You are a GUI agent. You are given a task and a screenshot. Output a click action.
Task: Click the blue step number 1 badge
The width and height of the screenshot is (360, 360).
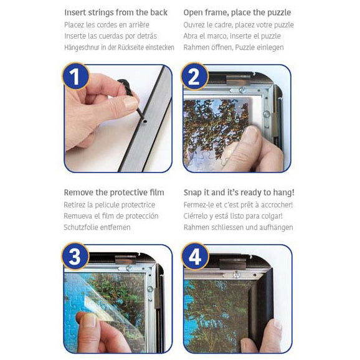[x=75, y=76]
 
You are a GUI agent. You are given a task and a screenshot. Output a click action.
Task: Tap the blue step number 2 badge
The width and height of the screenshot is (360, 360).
[x=195, y=76]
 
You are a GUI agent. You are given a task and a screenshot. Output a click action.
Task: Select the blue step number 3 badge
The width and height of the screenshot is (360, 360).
[x=75, y=256]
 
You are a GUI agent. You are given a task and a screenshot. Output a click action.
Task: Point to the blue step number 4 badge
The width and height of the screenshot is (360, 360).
[x=195, y=256]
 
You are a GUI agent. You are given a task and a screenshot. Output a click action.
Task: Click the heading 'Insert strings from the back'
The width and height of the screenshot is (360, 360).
[x=116, y=12]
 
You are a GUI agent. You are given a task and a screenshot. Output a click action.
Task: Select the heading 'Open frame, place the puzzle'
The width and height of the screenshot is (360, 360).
[x=237, y=12]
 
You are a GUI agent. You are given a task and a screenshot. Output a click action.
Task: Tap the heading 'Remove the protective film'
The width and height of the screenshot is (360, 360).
[x=114, y=192]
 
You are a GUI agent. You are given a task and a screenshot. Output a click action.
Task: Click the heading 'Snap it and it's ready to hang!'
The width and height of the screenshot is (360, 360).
[x=239, y=192]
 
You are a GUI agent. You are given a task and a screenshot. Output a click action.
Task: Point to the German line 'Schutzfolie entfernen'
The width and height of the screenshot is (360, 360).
[x=97, y=227]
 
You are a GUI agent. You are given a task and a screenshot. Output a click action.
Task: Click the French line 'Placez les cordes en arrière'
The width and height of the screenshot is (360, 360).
[x=107, y=25]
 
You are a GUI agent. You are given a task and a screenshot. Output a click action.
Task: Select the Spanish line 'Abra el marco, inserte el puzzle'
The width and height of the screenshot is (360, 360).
[x=232, y=36]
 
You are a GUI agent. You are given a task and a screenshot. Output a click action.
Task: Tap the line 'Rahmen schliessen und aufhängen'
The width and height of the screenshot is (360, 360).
[x=239, y=227]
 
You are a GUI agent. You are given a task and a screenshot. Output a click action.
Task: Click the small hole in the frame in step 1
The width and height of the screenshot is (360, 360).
[x=145, y=121]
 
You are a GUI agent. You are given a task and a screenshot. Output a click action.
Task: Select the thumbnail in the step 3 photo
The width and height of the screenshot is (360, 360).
[x=89, y=320]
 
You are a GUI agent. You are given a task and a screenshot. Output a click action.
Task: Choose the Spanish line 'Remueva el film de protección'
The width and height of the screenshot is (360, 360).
[x=111, y=216]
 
